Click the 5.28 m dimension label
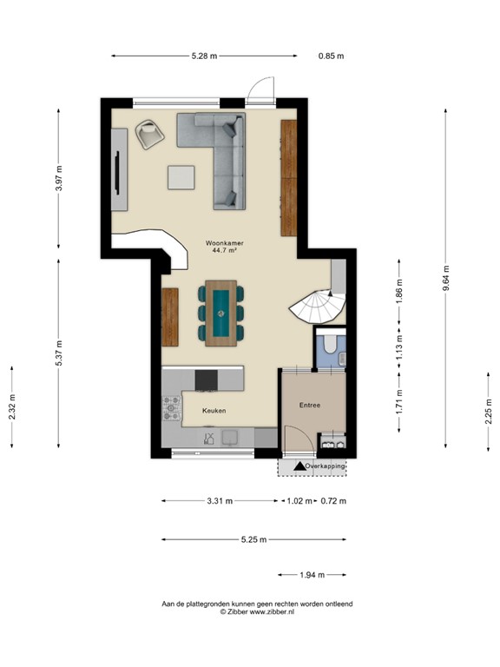pos(204,56)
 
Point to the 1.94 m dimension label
pos(312,575)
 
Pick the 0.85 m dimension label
pos(331,56)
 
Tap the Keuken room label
pos(214,410)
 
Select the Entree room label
pos(311,404)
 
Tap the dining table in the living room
pos(222,312)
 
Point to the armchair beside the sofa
pos(150,134)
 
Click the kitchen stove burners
pos(171,407)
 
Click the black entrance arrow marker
pos(299,467)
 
